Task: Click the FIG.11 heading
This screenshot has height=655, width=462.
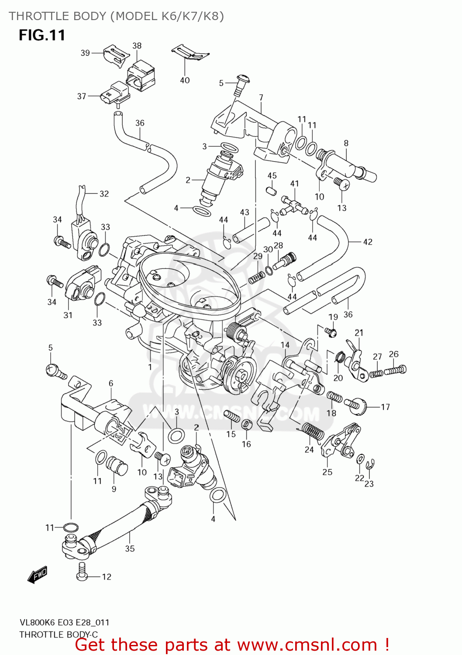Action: click(42, 35)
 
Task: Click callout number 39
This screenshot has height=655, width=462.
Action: click(85, 53)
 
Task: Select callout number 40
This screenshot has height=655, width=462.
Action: click(185, 80)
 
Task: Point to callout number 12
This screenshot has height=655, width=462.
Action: click(107, 577)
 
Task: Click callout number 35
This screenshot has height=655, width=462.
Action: click(130, 548)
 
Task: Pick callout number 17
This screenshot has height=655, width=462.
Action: click(385, 407)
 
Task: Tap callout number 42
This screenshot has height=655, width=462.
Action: click(368, 241)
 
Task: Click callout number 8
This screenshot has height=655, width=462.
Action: click(346, 143)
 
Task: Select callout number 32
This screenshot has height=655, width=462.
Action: click(104, 193)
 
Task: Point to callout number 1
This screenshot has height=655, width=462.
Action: click(150, 367)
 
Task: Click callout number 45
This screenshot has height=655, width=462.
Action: click(272, 176)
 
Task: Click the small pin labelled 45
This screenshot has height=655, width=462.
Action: click(271, 191)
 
